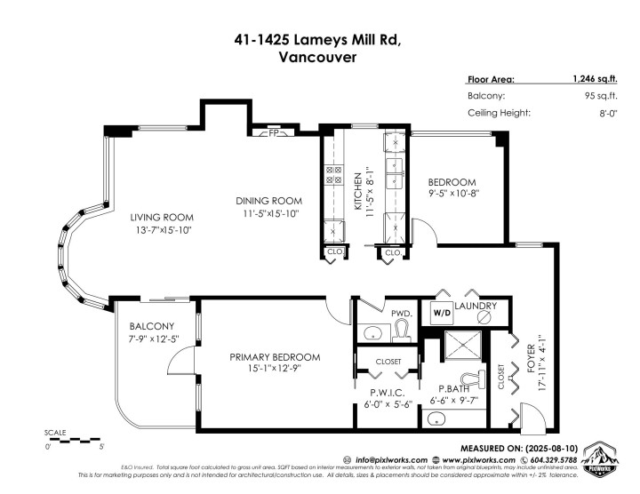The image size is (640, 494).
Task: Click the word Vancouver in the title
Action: pos(320,57)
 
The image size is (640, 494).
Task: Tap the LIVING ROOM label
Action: pos(160,218)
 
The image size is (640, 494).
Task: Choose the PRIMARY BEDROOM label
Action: pos(275,357)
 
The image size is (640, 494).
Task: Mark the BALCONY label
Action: pos(151,326)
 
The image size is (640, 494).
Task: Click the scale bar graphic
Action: pos(76,439)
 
